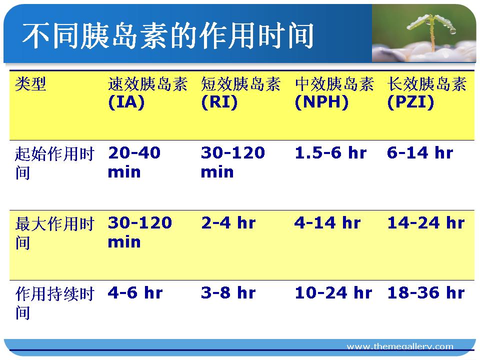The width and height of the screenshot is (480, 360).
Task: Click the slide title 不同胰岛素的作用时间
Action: pos(168,35)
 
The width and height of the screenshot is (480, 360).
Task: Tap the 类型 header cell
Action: pos(30,84)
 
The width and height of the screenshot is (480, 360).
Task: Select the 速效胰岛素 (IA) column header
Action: pos(147,93)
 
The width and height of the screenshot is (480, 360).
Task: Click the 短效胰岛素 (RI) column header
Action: pos(240,93)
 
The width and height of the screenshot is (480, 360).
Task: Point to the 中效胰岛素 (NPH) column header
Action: pos(334,93)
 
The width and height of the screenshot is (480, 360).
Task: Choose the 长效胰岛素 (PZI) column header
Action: pos(427,93)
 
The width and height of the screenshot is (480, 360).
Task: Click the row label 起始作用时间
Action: pos(54,163)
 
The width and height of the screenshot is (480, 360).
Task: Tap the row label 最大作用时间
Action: pos(54,233)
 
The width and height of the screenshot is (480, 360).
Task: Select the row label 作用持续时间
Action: pos(54,303)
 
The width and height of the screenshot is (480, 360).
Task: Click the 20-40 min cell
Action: pos(134,162)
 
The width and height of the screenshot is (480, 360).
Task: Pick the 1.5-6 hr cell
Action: pos(330,152)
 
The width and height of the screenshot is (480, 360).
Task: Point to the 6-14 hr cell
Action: pos(420,152)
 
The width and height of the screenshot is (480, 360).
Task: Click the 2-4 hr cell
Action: pos(228,222)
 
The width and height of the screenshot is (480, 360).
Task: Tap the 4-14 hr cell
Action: pos(327,222)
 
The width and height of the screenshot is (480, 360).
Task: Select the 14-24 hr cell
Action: pos(426,222)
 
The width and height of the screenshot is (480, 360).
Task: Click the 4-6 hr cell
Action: pos(135,292)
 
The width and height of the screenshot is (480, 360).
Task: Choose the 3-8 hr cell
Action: pos(228,292)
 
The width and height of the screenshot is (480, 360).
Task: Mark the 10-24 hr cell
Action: pos(333,292)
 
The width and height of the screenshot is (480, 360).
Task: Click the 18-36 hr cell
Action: pos(426,292)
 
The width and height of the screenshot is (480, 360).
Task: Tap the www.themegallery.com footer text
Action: pos(400,346)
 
